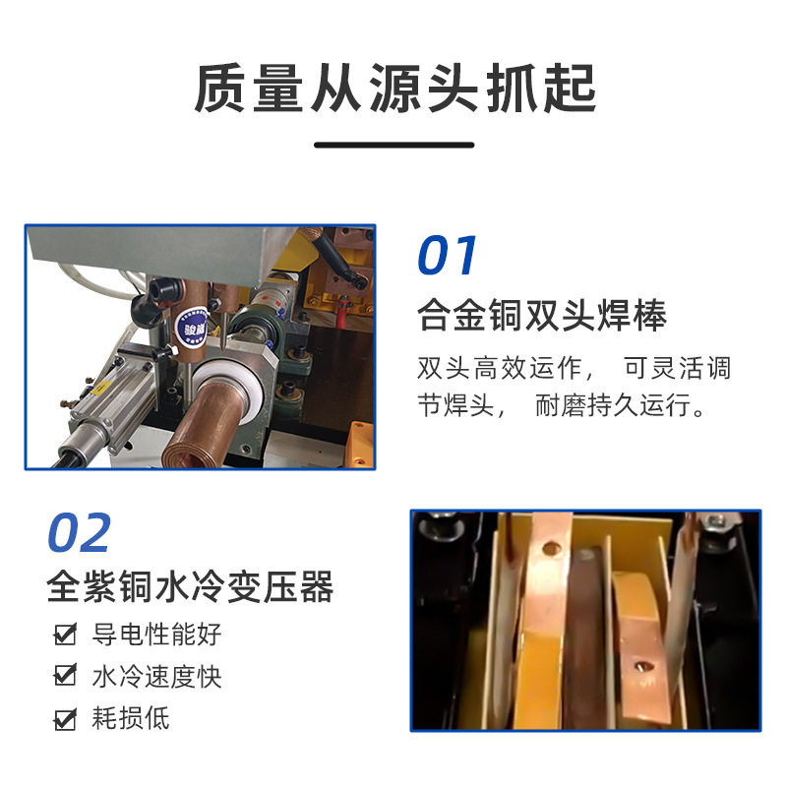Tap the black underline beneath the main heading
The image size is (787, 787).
coord(393,145)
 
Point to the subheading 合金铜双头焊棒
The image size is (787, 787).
coord(542,316)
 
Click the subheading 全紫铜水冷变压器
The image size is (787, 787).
coord(191,587)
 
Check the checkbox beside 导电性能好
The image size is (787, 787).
coord(65,635)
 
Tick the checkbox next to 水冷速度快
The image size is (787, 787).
coord(65,677)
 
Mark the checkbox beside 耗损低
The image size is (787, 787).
coord(65,719)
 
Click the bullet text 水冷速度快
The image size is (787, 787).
coord(156,677)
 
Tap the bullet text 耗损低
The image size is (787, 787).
coord(130,719)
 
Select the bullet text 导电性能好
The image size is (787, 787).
coord(156,635)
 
